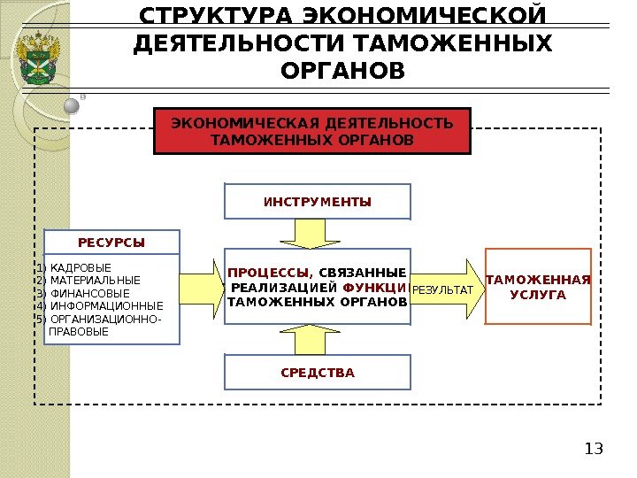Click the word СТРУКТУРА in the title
[x=217, y=17]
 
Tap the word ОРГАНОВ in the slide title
[x=342, y=70]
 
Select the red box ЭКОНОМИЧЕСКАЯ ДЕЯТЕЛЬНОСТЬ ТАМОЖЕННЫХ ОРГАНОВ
[x=312, y=131]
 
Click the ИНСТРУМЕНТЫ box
[x=318, y=202]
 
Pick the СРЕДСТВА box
[x=318, y=373]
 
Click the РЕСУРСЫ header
[x=111, y=242]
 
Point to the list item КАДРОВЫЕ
[x=81, y=267]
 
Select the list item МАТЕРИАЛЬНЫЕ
[x=95, y=281]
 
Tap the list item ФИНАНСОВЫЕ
[x=89, y=294]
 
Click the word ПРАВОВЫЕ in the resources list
[x=80, y=333]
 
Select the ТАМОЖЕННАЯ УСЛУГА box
[x=538, y=287]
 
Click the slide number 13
[x=594, y=449]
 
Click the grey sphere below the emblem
[x=73, y=106]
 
